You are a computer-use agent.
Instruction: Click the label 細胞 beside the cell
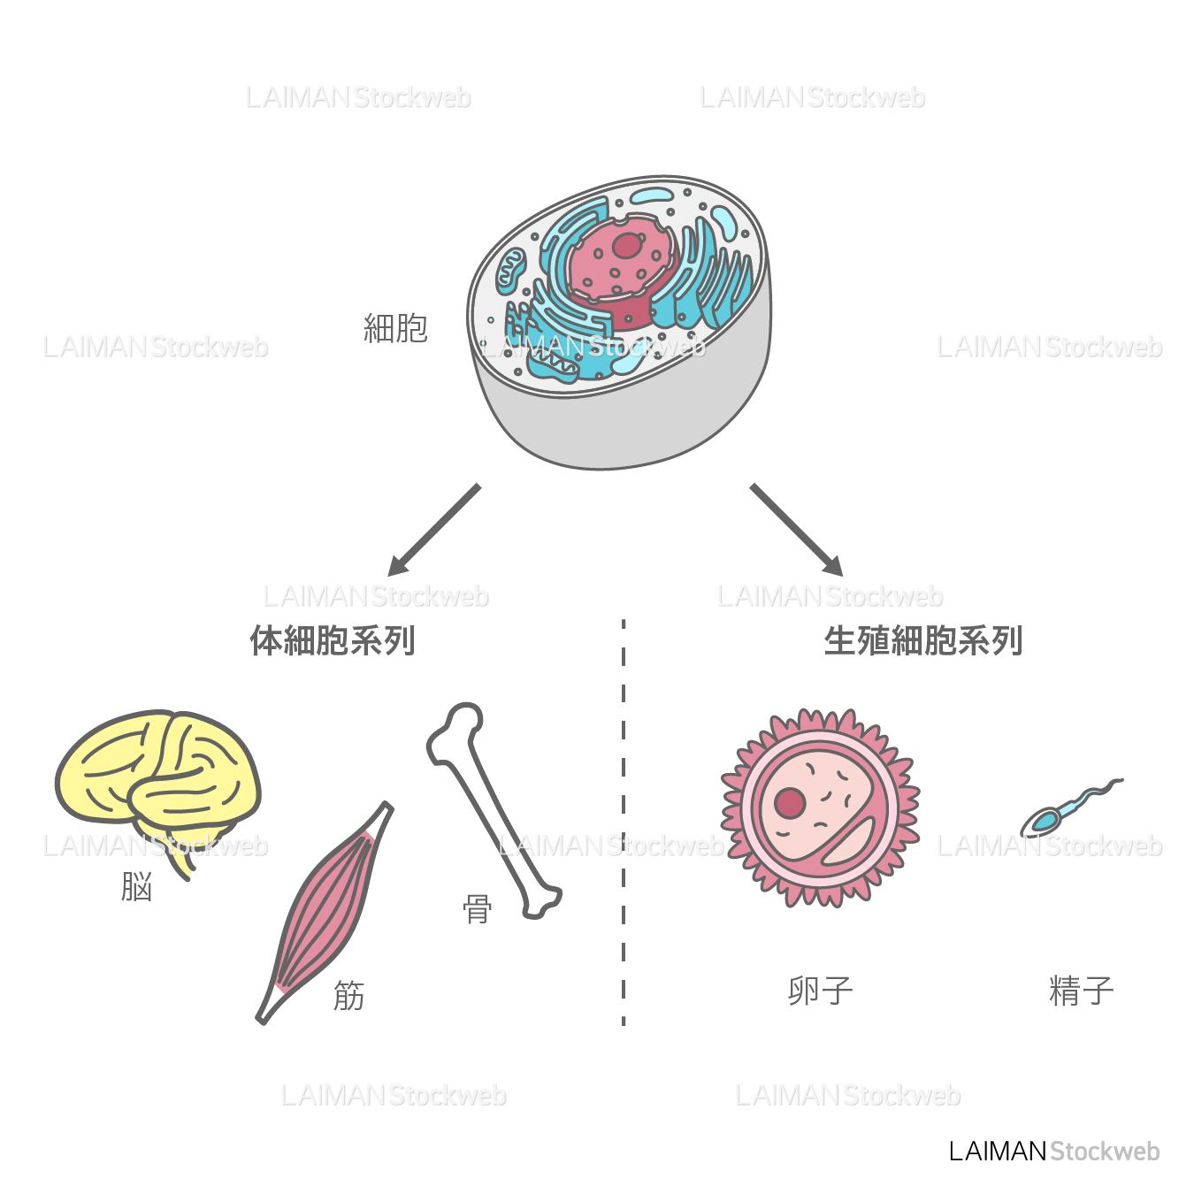[395, 328]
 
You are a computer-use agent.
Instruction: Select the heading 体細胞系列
[333, 640]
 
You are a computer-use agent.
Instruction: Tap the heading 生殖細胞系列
[922, 640]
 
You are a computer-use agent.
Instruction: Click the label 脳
[137, 886]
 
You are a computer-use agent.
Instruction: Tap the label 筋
[348, 996]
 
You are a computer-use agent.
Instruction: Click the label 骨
[478, 908]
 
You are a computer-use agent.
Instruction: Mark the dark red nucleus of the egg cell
[790, 803]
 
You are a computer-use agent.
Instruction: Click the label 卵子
[820, 991]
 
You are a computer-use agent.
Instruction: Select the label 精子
[1081, 991]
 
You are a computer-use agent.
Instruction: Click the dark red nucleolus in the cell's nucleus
[627, 245]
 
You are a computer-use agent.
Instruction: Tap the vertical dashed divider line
[624, 823]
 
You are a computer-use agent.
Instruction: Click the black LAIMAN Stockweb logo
[1053, 1151]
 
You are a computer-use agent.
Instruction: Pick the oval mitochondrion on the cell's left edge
[510, 270]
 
